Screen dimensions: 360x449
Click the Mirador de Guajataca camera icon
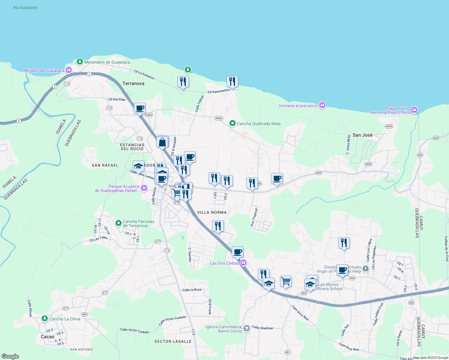69,70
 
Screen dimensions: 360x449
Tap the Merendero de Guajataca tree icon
80,62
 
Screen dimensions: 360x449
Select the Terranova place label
133,83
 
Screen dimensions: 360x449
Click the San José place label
362,135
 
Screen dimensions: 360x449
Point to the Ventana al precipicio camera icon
322,105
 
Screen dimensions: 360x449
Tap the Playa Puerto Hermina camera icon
414,110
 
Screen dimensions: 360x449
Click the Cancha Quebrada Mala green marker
232,123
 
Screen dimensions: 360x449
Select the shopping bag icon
162,142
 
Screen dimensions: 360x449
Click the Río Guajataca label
25,7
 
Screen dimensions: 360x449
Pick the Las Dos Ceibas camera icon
243,263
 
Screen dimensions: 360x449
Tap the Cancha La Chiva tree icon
45,318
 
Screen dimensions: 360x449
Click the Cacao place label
48,337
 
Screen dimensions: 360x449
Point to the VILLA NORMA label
212,212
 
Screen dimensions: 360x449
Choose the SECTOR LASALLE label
173,341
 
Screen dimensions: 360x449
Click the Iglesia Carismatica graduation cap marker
246,328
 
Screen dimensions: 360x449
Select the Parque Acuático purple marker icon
144,188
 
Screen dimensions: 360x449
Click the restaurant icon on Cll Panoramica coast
232,82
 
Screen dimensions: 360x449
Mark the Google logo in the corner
10,356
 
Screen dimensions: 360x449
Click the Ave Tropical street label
254,217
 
